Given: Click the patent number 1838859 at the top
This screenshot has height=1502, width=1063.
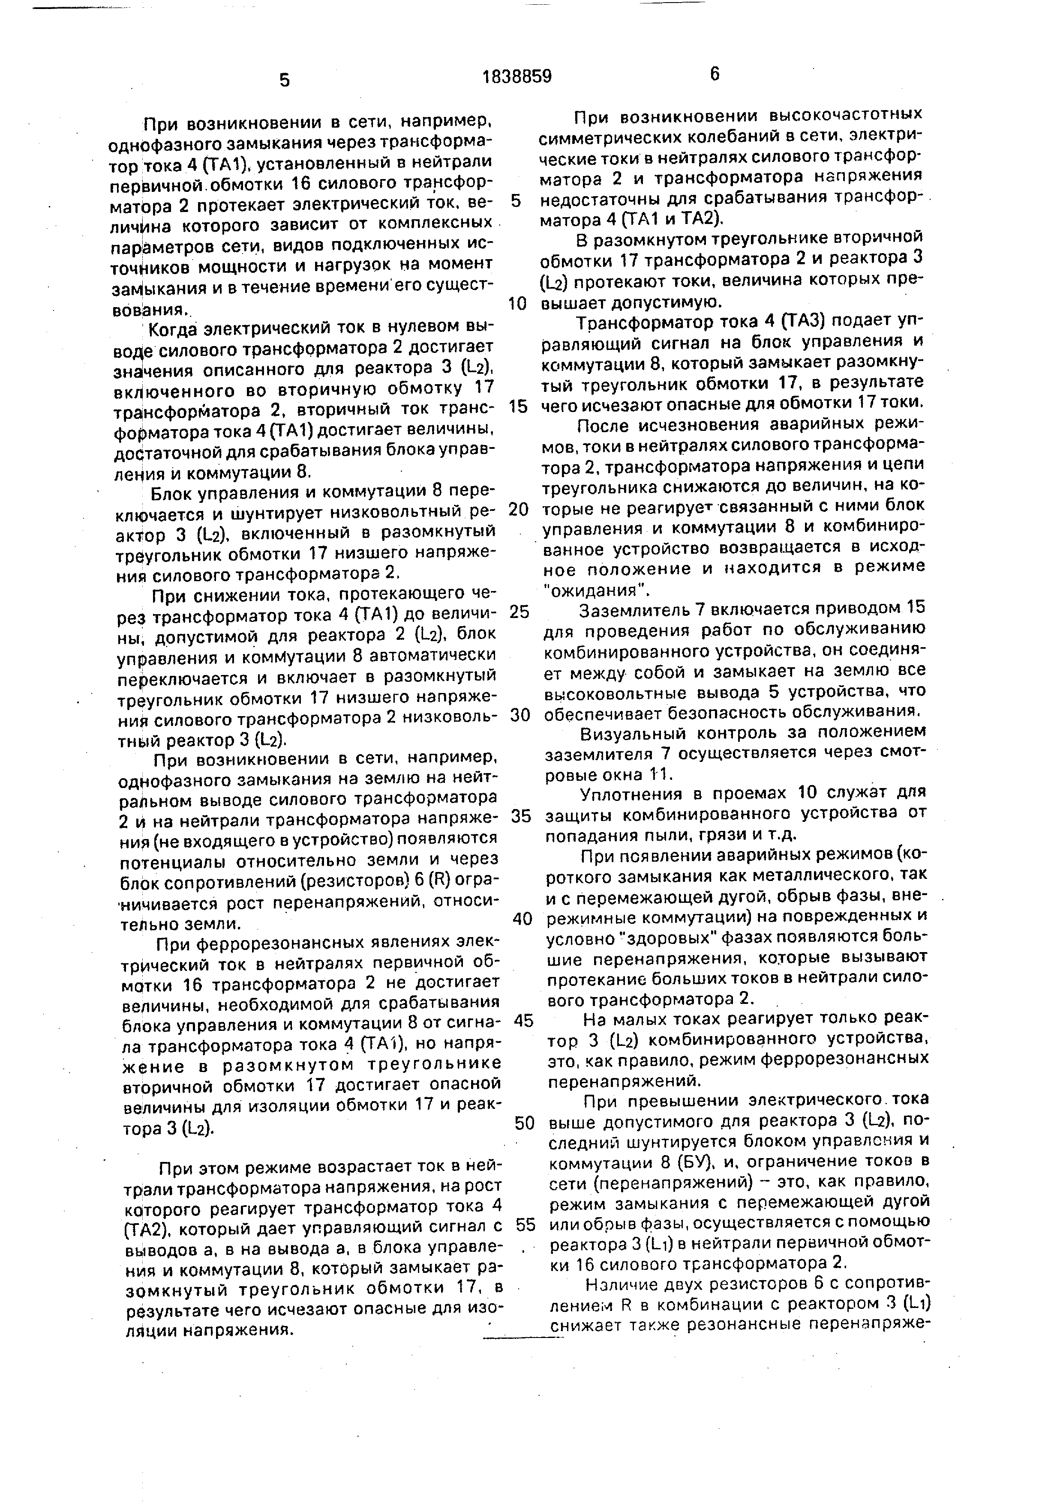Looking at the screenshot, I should [516, 77].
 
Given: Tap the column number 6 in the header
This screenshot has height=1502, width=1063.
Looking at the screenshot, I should [714, 74].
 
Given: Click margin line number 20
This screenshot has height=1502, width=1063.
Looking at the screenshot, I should [518, 509].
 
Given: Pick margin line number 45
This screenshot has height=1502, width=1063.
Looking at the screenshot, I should [524, 1021].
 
